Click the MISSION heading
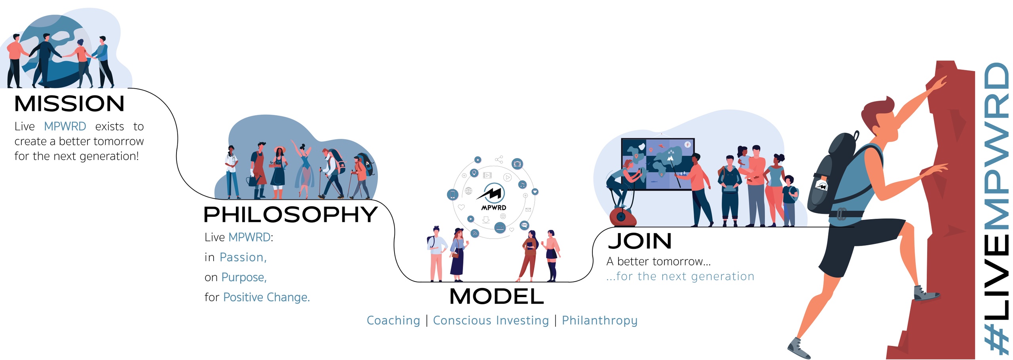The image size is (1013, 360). (69, 104)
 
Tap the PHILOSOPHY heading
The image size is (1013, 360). (290, 214)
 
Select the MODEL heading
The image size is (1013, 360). (497, 296)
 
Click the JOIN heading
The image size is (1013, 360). (639, 241)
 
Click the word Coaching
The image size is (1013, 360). (393, 320)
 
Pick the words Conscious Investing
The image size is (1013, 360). (491, 320)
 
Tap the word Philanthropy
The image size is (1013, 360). (599, 320)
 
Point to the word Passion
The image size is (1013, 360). (243, 258)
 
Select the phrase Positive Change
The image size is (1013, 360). (266, 297)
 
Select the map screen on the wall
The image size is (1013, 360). (658, 163)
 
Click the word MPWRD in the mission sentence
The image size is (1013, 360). (65, 127)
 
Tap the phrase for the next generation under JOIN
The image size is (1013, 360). (680, 277)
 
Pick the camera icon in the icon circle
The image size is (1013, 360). (517, 164)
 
